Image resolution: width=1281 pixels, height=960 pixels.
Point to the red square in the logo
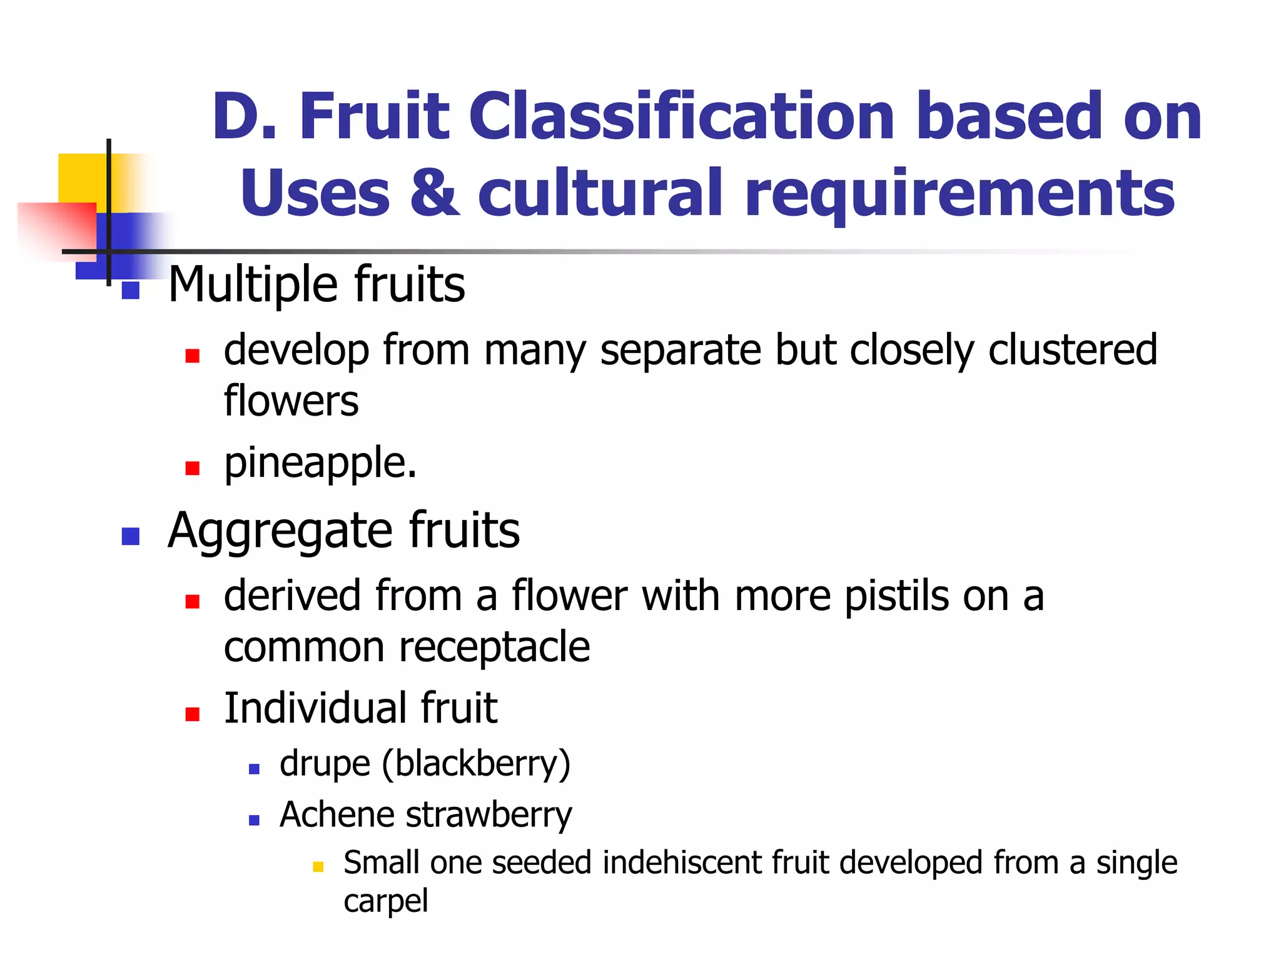56,228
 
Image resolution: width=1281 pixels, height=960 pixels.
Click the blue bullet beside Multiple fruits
130,291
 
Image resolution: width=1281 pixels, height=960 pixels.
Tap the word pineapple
319,464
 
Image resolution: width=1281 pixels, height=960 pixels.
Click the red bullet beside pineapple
193,468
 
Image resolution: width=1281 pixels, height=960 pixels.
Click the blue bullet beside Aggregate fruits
130,536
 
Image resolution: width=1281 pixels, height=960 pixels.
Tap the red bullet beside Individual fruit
193,714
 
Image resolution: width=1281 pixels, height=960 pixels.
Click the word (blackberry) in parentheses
476,764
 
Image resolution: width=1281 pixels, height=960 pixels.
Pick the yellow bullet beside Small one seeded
318,867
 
